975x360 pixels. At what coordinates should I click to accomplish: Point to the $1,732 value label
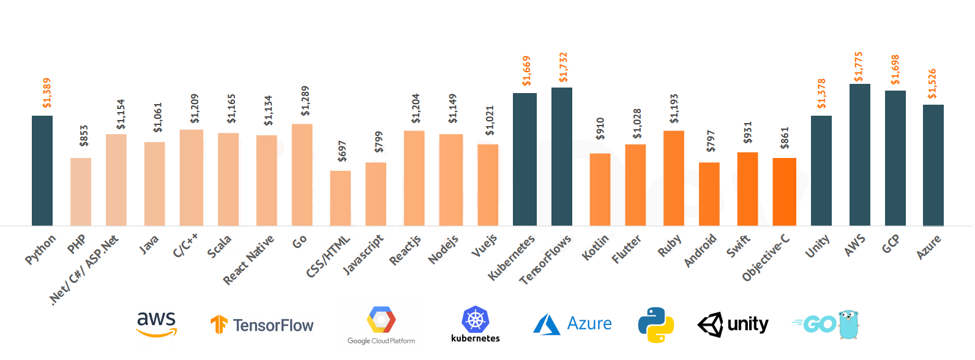point(563,67)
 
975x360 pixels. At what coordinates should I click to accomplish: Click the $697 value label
point(342,151)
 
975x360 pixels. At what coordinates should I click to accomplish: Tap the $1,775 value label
point(858,67)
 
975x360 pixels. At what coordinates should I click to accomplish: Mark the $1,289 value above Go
point(305,101)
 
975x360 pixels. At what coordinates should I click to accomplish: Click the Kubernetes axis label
point(512,257)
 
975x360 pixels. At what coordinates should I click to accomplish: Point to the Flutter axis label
point(626,249)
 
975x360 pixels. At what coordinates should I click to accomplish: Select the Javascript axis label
point(363,254)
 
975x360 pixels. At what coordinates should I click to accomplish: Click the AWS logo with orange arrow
point(156,324)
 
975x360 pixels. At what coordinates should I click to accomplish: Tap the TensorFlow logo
point(262,325)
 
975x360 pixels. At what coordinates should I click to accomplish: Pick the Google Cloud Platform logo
point(381,325)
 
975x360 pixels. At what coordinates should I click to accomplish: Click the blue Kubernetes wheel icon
point(476,320)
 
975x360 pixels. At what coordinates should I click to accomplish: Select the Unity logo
point(733,324)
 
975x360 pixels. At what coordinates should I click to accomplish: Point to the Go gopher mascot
point(848,324)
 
